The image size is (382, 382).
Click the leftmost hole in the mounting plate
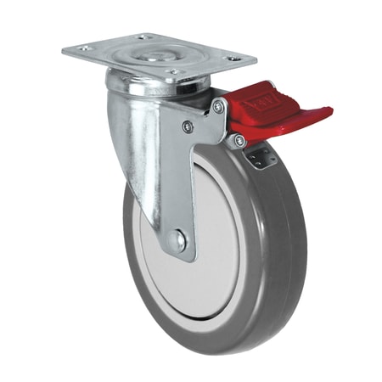click(83, 48)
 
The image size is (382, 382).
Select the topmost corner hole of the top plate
click(139, 37)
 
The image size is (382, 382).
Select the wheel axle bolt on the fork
click(179, 241)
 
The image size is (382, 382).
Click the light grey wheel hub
click(212, 246)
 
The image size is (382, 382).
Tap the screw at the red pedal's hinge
click(219, 106)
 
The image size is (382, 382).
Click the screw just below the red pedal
click(240, 138)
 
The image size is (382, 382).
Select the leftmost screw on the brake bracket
click(188, 128)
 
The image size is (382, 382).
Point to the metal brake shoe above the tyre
click(261, 157)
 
